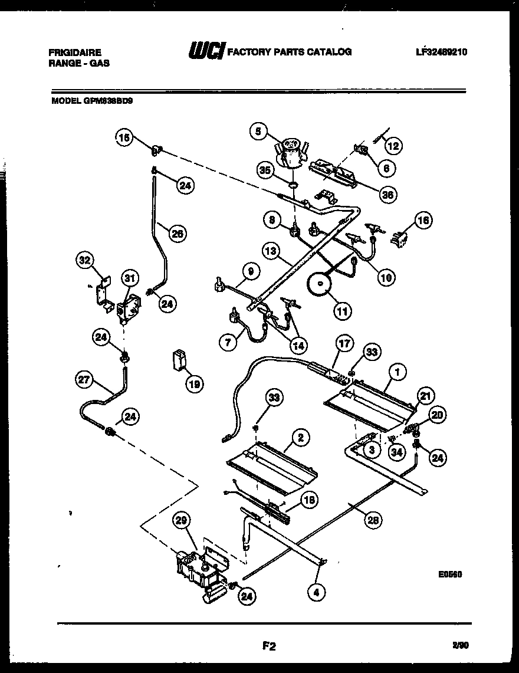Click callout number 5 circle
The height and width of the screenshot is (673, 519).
(x=258, y=132)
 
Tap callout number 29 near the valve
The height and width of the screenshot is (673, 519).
(x=182, y=521)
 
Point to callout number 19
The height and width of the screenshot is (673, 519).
(x=193, y=384)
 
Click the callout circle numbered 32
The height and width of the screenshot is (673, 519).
(x=86, y=260)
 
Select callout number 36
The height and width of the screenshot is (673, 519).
(x=387, y=194)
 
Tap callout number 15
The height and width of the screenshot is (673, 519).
(x=124, y=138)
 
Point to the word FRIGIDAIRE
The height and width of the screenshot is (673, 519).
(x=75, y=52)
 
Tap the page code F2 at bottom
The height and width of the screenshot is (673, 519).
(x=269, y=646)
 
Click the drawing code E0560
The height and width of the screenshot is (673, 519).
(x=449, y=572)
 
